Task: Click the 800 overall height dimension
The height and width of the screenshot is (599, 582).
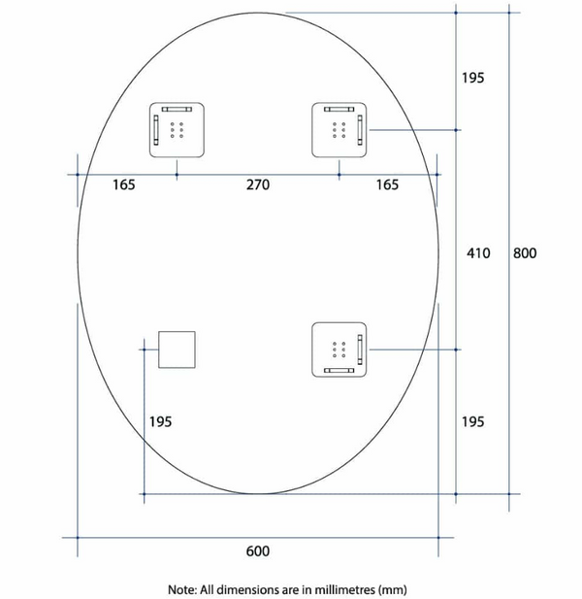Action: pos(524,253)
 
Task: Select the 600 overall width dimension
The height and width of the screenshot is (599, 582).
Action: pos(256,552)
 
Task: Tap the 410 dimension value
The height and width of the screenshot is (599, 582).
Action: pos(475,253)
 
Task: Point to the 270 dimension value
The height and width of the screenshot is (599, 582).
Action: pos(256,184)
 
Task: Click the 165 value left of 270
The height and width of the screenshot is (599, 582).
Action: pos(123,184)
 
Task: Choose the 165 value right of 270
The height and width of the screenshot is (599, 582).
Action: pos(386,184)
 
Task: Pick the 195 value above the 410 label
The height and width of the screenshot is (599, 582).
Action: pos(472,78)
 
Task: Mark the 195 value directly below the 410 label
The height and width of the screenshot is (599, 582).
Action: pos(472,420)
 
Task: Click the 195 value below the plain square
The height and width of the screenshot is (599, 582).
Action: pos(160,420)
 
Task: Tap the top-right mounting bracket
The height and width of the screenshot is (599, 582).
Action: pos(339,129)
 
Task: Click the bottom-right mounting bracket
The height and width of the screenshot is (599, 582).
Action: pos(339,349)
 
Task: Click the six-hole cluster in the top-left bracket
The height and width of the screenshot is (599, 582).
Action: pos(178,130)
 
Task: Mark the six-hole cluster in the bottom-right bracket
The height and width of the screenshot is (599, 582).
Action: pos(339,349)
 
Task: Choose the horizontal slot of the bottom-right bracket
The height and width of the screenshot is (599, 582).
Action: pos(339,370)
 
